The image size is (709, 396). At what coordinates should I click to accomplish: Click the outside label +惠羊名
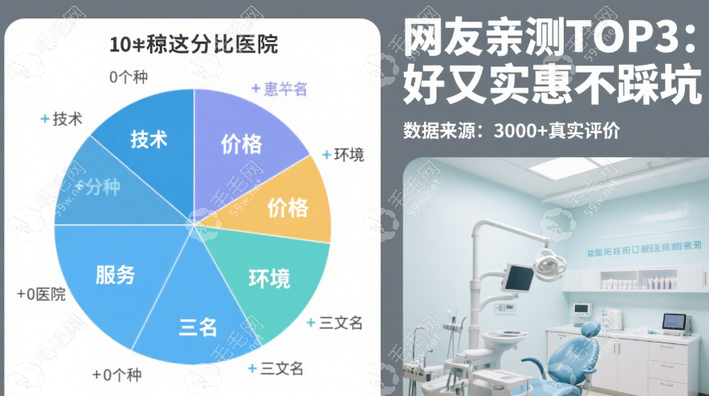(x=279, y=89)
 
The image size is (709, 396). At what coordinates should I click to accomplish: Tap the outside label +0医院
(x=41, y=294)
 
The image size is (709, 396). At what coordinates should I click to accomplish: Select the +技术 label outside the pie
(x=61, y=119)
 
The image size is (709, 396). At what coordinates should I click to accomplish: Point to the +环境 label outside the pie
(x=343, y=154)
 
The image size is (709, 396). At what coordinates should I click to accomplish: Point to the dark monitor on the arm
(x=518, y=277)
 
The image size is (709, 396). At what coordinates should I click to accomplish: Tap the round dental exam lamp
(x=548, y=261)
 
